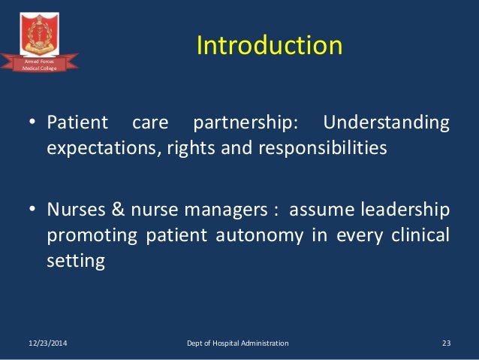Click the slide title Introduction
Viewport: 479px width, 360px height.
click(269, 46)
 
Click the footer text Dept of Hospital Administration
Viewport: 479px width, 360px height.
click(237, 343)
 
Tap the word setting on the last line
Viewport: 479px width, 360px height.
click(74, 262)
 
